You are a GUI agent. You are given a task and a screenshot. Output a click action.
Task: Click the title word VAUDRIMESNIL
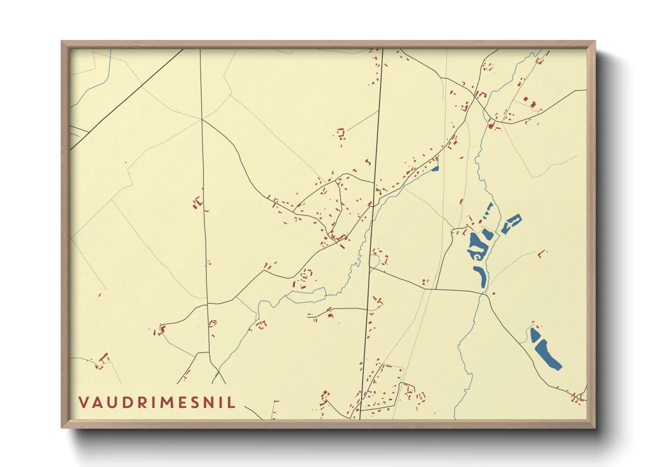[x=157, y=403]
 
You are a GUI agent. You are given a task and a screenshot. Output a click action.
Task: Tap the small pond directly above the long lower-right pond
[x=535, y=334]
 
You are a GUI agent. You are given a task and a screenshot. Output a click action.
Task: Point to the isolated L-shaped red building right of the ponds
[x=542, y=253]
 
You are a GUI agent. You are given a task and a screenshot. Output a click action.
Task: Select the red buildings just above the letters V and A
[x=103, y=360]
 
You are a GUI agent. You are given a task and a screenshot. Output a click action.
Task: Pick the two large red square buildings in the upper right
[x=529, y=102]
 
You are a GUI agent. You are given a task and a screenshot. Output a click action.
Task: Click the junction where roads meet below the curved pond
[x=484, y=295]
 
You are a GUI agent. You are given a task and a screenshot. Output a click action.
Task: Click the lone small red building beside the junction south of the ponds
[x=493, y=293]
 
